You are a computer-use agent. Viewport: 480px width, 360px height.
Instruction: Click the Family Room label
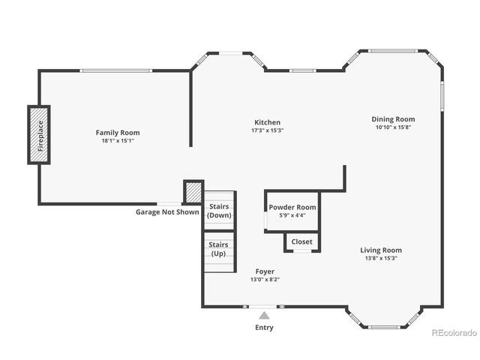pyautogui.click(x=117, y=133)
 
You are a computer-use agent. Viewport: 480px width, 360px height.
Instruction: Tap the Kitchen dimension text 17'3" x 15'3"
pyautogui.click(x=267, y=130)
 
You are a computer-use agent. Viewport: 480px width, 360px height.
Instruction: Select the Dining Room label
pyautogui.click(x=393, y=119)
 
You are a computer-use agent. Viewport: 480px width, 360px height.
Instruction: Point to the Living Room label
pyautogui.click(x=381, y=250)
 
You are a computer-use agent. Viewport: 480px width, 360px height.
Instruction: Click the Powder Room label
pyautogui.click(x=292, y=207)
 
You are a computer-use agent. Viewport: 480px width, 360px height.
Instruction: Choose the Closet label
pyautogui.click(x=302, y=241)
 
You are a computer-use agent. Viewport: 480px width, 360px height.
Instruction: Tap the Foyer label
pyautogui.click(x=265, y=271)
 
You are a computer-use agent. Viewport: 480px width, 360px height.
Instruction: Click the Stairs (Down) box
pyautogui.click(x=220, y=211)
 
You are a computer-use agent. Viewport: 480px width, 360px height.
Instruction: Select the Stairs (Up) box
pyautogui.click(x=219, y=249)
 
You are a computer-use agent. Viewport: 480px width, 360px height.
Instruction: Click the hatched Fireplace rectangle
pyautogui.click(x=39, y=134)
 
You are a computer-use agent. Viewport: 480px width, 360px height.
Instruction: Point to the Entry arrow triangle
pyautogui.click(x=264, y=316)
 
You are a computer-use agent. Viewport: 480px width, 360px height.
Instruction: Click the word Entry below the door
pyautogui.click(x=264, y=328)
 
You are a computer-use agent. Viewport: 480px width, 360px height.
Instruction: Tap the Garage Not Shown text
pyautogui.click(x=167, y=212)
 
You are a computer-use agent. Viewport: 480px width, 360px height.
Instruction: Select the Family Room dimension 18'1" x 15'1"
pyautogui.click(x=117, y=141)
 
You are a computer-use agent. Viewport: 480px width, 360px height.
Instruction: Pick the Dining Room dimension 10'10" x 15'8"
pyautogui.click(x=393, y=127)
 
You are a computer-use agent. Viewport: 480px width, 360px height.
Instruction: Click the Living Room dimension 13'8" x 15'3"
pyautogui.click(x=381, y=259)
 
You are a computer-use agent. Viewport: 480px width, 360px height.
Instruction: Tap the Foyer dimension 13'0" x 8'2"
pyautogui.click(x=265, y=280)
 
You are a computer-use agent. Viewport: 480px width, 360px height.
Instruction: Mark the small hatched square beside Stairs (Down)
pyautogui.click(x=193, y=190)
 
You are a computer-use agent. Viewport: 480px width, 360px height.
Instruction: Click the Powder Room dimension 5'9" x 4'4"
pyautogui.click(x=292, y=215)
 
